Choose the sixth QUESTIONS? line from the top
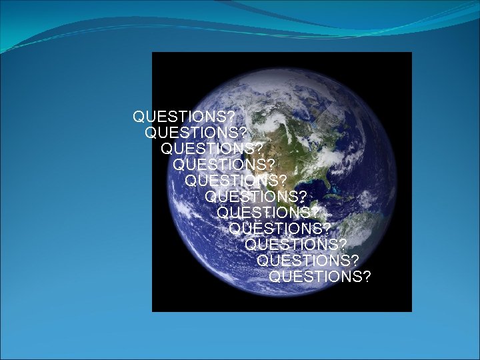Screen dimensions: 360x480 257,197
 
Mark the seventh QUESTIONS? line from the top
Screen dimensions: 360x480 268,213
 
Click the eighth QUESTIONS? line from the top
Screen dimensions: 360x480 279,229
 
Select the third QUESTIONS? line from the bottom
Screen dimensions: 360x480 296,245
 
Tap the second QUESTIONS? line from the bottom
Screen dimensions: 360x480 308,260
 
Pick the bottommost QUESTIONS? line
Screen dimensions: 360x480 320,276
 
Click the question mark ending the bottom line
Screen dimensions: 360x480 367,276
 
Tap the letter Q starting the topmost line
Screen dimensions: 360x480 139,117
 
